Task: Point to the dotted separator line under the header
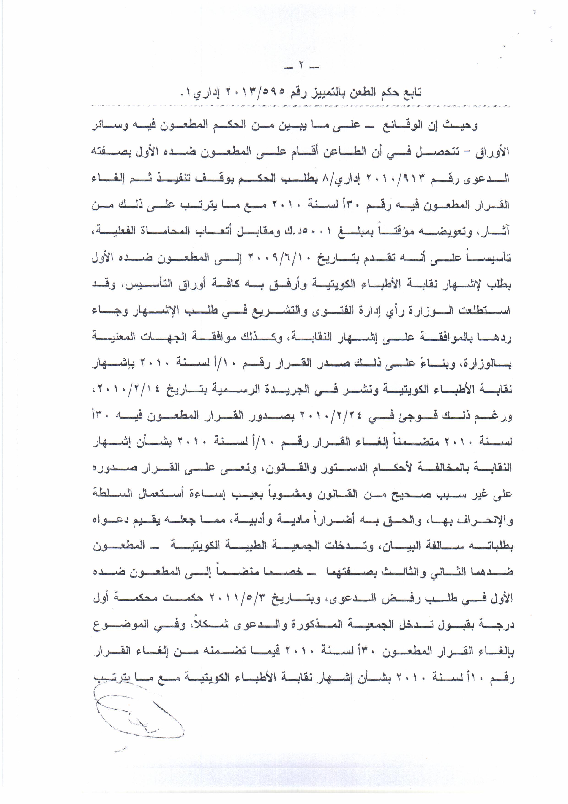point(300,105)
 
